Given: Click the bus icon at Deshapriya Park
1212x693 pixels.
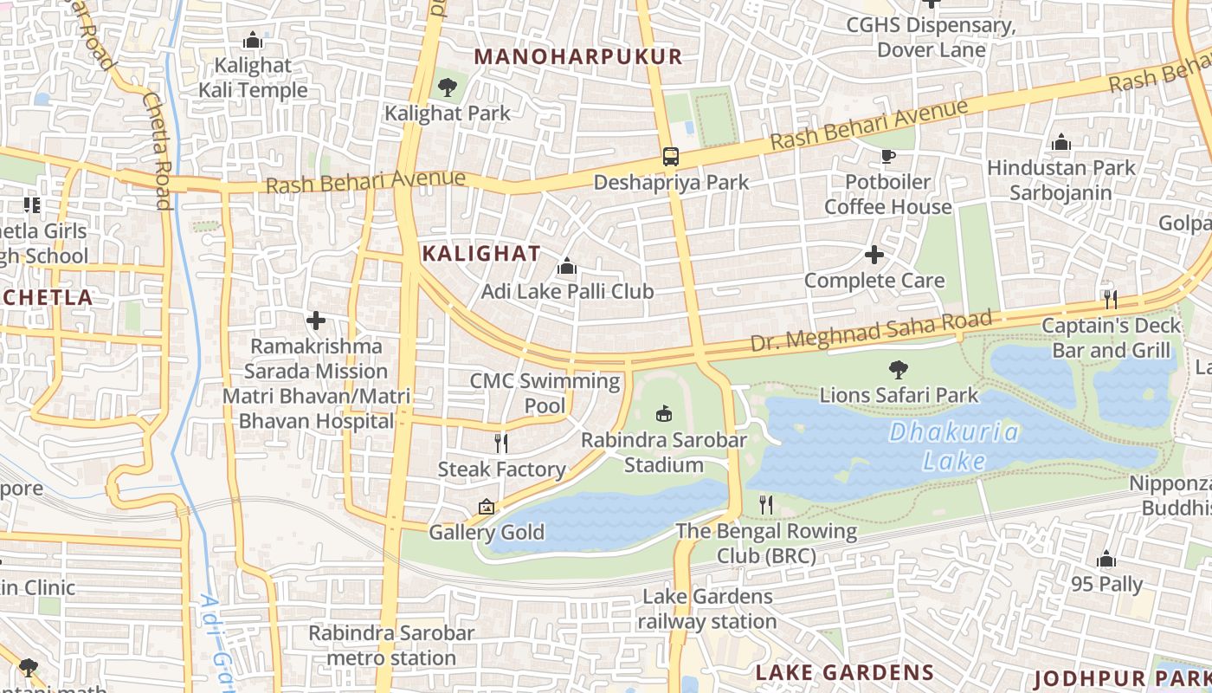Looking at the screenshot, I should tap(671, 157).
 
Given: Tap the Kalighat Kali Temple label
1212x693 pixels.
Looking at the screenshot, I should tap(253, 77).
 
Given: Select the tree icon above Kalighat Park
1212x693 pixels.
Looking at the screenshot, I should tap(448, 87).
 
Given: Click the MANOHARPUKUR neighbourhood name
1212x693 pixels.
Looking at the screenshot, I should tap(578, 57).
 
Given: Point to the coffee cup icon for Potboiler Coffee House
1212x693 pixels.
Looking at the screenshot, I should tap(887, 156).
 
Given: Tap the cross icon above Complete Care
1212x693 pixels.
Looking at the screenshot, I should tap(874, 255).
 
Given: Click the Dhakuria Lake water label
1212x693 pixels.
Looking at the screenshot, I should tap(954, 446).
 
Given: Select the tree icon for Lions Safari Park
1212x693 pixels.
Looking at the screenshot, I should tap(899, 370).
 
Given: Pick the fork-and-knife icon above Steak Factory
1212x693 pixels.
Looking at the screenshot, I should tap(501, 444).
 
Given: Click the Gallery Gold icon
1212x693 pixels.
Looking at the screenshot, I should tap(487, 507).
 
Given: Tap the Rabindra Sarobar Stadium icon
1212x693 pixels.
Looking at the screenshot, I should tap(663, 414).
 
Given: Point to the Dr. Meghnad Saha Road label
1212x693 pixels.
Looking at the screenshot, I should tap(870, 332).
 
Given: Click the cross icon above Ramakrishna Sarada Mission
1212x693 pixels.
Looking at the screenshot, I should tap(316, 321).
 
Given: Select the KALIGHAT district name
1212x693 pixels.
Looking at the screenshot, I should tap(480, 254).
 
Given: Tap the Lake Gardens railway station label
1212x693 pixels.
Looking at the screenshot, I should tap(707, 609).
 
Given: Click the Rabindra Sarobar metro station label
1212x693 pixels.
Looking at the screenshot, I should tap(391, 645).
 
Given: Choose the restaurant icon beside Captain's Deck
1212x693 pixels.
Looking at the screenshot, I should tap(1111, 300).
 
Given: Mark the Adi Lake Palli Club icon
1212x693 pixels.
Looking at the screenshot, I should tap(567, 266).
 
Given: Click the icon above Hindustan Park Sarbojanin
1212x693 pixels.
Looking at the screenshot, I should tap(1061, 143).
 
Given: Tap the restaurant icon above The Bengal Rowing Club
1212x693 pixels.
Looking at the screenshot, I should tap(766, 504).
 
